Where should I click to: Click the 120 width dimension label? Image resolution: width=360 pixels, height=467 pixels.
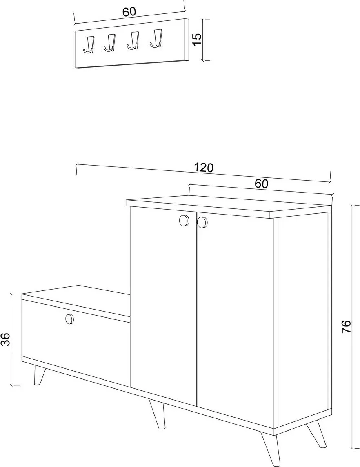[x=204, y=168]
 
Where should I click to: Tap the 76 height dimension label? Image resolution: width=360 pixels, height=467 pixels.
[x=347, y=326]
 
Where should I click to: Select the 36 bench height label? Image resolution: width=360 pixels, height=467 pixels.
[x=6, y=339]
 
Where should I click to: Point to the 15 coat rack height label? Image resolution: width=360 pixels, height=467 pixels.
[x=197, y=39]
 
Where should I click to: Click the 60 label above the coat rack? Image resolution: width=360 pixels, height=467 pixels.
[x=129, y=11]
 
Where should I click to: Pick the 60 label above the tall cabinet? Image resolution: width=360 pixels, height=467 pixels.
[x=261, y=184]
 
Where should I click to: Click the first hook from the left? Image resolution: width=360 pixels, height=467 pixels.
[x=89, y=46]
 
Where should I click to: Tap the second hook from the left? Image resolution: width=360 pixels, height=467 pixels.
[x=110, y=43]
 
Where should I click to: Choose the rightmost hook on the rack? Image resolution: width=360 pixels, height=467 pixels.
[x=156, y=38]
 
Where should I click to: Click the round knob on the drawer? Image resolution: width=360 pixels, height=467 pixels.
[x=69, y=319]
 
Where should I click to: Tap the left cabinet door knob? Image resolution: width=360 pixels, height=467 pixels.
[x=184, y=220]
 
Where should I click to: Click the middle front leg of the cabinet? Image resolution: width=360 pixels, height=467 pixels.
[x=158, y=414]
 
